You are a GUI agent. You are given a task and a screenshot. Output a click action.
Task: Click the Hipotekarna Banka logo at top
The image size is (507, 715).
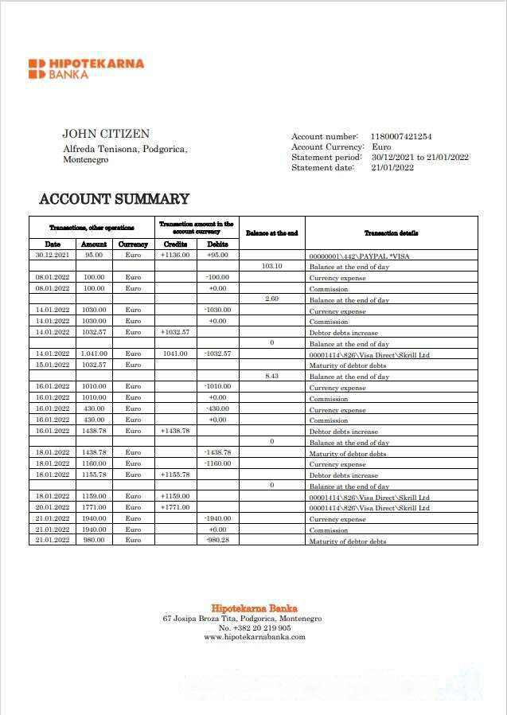(x=86, y=68)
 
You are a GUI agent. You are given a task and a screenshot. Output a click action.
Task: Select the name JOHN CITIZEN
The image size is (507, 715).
(x=106, y=134)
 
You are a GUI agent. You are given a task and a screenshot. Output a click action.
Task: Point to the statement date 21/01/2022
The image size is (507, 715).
(x=392, y=167)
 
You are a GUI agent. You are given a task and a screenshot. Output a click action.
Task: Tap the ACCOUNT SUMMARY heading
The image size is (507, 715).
(x=115, y=199)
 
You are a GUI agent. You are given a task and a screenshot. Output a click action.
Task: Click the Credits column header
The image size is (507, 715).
(x=175, y=244)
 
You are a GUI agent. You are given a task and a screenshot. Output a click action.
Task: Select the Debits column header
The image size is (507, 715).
(x=217, y=244)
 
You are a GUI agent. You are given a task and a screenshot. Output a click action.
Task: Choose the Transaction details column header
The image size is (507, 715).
(x=391, y=232)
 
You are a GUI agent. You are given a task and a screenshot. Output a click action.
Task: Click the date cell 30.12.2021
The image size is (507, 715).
(x=53, y=255)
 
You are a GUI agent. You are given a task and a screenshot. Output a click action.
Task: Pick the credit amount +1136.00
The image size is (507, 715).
(x=175, y=255)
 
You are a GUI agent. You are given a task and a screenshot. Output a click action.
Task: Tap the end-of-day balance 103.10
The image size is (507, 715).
(x=271, y=266)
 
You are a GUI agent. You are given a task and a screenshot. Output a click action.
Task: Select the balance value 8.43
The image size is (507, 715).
(x=271, y=376)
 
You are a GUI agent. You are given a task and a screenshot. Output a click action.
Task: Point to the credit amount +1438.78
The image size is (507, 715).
(x=175, y=430)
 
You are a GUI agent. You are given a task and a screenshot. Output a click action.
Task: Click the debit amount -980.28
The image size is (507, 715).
(x=217, y=540)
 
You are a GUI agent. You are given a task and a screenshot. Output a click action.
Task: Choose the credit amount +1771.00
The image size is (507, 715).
(x=175, y=507)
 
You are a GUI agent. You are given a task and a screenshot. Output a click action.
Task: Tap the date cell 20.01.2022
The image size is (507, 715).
(x=53, y=507)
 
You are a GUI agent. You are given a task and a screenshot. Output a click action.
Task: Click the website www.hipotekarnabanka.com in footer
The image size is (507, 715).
(x=254, y=637)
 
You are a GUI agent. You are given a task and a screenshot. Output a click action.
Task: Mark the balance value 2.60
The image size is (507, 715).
(x=271, y=299)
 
